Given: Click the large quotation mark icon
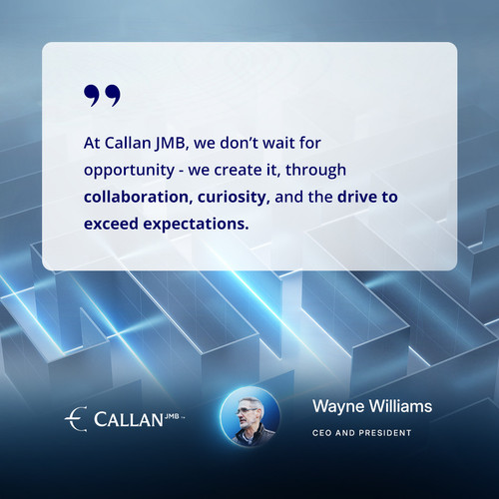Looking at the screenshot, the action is click(x=102, y=95).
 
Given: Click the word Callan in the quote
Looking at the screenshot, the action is click(x=128, y=143).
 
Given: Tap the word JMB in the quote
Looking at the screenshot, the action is click(x=172, y=144).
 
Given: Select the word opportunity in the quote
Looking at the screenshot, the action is click(x=129, y=171).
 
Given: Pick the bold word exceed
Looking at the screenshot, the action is click(x=111, y=224).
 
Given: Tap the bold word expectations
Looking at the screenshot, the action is click(x=196, y=225).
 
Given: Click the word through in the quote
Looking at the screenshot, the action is click(x=315, y=171).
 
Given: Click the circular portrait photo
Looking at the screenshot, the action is click(x=250, y=417).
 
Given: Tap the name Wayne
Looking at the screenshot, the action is click(x=338, y=407).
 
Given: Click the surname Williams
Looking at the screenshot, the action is click(x=400, y=406).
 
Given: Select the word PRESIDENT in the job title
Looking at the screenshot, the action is click(x=385, y=433).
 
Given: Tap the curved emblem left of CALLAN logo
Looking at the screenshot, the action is click(x=76, y=419).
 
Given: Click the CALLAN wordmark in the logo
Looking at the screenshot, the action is click(x=129, y=419).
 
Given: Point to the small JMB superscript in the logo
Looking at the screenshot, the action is click(x=172, y=416).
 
